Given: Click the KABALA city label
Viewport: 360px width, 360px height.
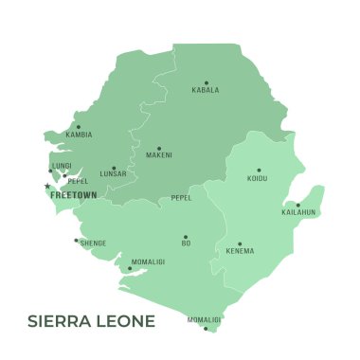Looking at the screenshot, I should [x=206, y=91].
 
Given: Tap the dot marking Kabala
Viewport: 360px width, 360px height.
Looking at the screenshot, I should [x=206, y=82].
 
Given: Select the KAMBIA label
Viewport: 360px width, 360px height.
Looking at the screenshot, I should [x=79, y=135].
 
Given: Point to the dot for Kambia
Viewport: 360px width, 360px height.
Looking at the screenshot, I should [x=79, y=127].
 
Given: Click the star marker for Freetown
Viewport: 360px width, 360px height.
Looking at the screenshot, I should [x=46, y=186].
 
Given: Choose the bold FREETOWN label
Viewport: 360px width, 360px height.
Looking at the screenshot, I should [x=73, y=194].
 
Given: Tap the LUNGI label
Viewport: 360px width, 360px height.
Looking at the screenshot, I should [x=62, y=165].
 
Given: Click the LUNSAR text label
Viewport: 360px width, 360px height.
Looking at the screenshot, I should [x=113, y=175].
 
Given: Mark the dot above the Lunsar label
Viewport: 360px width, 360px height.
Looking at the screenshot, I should [x=114, y=168].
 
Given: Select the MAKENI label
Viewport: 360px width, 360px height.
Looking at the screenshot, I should [x=159, y=156].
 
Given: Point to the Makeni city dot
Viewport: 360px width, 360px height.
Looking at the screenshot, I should [x=159, y=149].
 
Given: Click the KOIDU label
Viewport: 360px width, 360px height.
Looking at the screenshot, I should [x=257, y=179].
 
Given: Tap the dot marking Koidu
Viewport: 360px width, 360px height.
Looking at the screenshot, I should [x=259, y=171].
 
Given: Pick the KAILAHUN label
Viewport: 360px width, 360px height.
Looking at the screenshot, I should [x=298, y=213].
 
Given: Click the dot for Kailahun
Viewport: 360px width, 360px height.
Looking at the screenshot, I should [x=297, y=205].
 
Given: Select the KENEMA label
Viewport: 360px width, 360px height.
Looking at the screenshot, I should [x=240, y=252].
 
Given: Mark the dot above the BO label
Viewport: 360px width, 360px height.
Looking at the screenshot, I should [x=186, y=237].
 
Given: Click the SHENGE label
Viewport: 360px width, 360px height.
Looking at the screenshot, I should [x=93, y=243].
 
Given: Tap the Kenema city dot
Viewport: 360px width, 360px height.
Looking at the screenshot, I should [x=240, y=243].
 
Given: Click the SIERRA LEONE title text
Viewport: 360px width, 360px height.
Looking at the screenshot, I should [x=91, y=321].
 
